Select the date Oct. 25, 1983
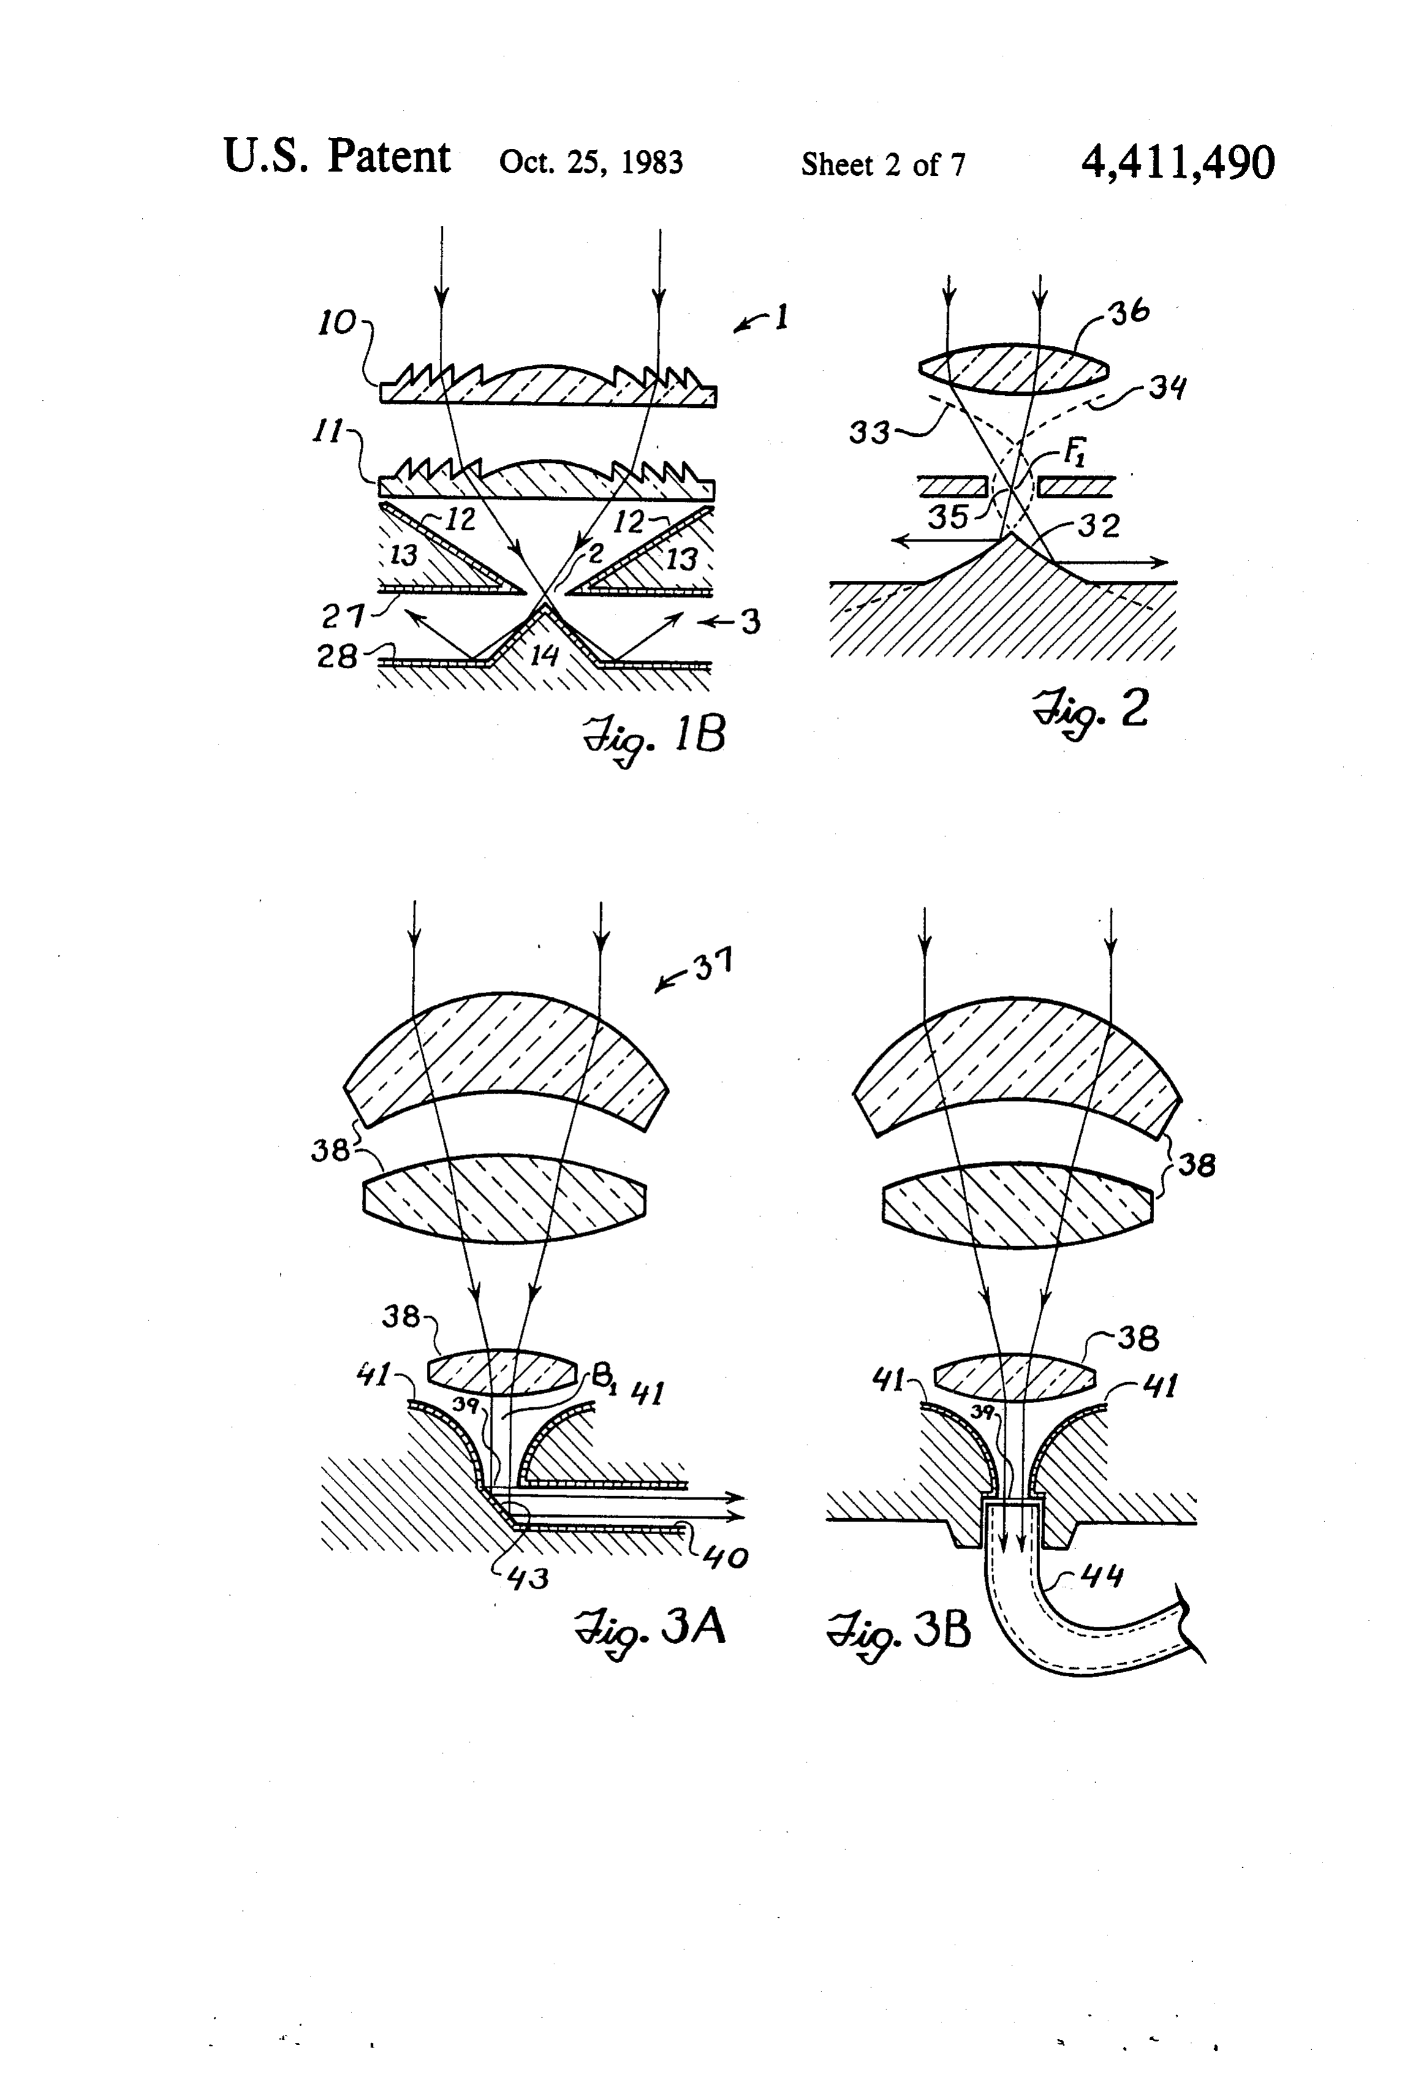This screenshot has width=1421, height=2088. [591, 162]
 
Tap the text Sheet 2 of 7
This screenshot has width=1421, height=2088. [883, 164]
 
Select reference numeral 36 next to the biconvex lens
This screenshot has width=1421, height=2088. [1130, 312]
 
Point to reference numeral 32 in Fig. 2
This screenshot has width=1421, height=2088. [1100, 524]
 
